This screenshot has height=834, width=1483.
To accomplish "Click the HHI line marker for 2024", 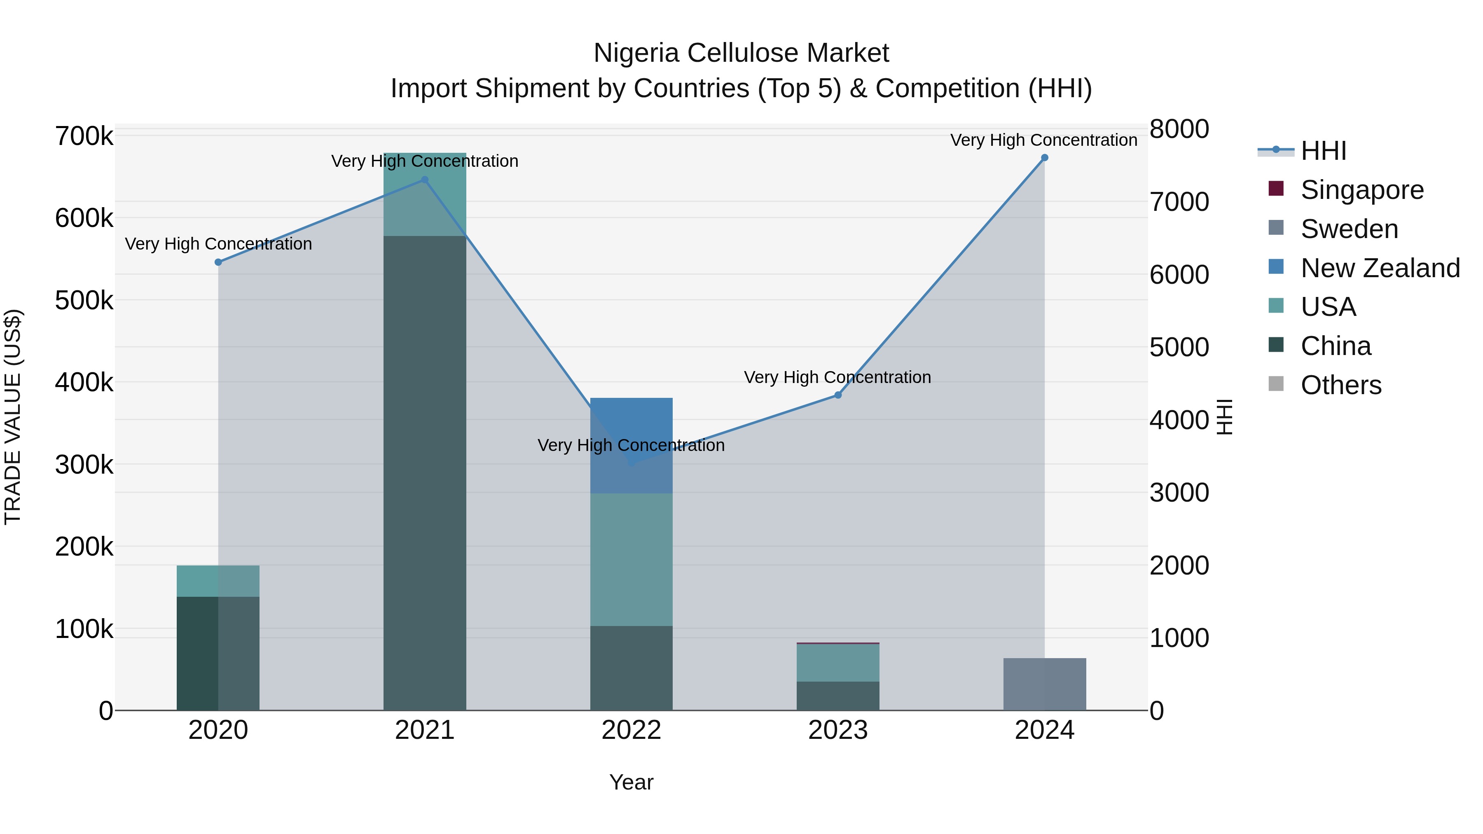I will (x=1044, y=158).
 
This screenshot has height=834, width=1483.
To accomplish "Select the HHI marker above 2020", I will (x=218, y=262).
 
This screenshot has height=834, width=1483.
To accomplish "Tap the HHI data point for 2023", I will (x=837, y=395).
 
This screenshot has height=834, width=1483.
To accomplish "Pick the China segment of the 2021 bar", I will (x=424, y=472).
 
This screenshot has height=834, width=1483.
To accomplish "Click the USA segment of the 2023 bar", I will (x=837, y=663).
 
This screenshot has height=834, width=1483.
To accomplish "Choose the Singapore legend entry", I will (x=1361, y=190).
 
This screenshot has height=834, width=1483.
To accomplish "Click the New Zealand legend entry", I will (x=1380, y=268).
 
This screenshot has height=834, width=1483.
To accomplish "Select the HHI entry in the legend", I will (x=1323, y=151).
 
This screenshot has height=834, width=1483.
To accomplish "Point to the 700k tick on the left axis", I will (x=84, y=137).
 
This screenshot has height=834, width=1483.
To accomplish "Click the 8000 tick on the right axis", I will (x=1179, y=129).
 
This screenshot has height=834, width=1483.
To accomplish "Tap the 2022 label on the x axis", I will (x=631, y=730).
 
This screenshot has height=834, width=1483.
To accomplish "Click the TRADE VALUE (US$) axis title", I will (x=13, y=417).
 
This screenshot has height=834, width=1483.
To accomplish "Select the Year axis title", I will (x=631, y=782).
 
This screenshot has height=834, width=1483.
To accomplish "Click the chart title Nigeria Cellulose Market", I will (x=741, y=53).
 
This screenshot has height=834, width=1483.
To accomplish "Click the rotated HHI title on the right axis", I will (x=1225, y=417).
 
